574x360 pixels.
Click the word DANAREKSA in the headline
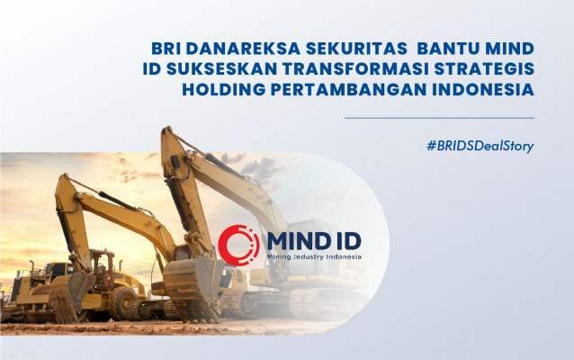(x=244, y=49)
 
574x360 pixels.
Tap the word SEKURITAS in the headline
(x=356, y=49)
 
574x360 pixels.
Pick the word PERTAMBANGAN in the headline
(x=348, y=90)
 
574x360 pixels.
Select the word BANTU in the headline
(x=448, y=49)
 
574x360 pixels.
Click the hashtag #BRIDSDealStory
(x=480, y=146)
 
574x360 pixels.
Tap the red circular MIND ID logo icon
(x=238, y=245)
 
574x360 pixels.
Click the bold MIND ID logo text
(x=314, y=241)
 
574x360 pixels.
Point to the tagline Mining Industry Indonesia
(x=314, y=256)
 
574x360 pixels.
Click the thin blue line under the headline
(x=439, y=118)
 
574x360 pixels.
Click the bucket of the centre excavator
(x=193, y=287)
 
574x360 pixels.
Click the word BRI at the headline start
(x=165, y=49)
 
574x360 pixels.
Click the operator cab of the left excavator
(x=103, y=269)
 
